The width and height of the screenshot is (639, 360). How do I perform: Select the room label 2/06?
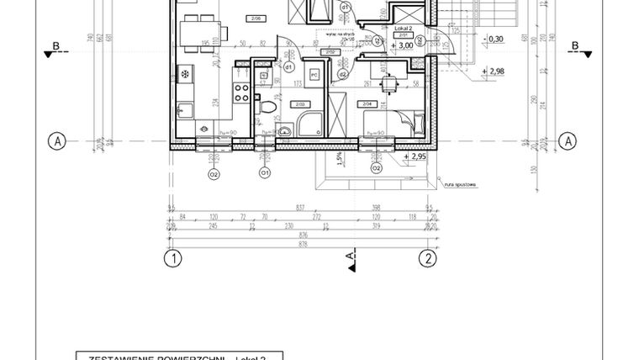click(255, 17)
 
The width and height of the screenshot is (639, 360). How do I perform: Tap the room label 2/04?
click(367, 103)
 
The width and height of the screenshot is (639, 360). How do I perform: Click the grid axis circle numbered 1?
click(172, 258)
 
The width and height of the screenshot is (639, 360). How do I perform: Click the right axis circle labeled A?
click(568, 140)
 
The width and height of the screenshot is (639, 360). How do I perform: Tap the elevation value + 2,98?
click(495, 71)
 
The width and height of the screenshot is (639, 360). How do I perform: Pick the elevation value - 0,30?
click(496, 39)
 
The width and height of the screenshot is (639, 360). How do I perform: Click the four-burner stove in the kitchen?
click(241, 93)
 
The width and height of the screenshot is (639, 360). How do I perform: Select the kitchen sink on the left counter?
click(184, 109)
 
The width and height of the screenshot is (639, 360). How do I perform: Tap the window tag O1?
click(264, 172)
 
